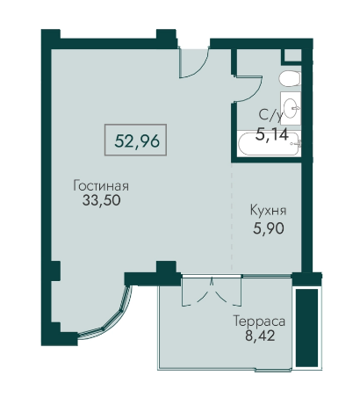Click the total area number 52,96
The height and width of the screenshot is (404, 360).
[137, 141]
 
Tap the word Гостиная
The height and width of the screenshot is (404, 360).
[101, 185]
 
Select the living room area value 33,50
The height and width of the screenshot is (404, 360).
[101, 200]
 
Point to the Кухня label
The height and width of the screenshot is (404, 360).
[268, 211]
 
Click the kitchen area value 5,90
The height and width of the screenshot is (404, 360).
[269, 228]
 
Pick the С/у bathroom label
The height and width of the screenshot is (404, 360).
[271, 116]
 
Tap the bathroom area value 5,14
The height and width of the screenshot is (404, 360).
[272, 134]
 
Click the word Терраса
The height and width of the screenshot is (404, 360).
[259, 321]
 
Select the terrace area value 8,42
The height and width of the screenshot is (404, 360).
[260, 335]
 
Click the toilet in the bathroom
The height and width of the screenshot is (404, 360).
[290, 79]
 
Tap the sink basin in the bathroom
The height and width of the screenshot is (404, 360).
[292, 108]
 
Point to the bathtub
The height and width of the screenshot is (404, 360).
[269, 144]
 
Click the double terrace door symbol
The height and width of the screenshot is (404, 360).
[212, 292]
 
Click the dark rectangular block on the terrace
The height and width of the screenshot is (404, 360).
[306, 328]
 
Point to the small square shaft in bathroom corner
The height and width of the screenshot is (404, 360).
[292, 55]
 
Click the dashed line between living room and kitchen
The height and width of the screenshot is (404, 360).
[232, 217]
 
